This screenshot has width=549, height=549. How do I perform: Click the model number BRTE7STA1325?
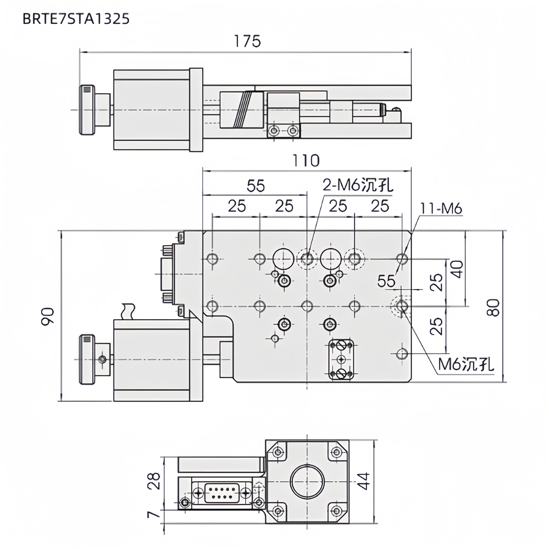pos(76,19)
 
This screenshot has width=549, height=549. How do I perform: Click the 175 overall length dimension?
pos(247,41)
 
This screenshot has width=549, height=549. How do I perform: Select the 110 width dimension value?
pos(306,161)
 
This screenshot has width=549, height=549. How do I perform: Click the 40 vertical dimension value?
pos(457,269)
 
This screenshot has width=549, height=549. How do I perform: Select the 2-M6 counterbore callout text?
pos(358,186)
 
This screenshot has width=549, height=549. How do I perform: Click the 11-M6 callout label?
pos(441,209)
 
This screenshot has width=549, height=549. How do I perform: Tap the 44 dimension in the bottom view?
pos(363,481)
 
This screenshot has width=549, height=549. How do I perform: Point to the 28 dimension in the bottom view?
pos(154,481)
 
